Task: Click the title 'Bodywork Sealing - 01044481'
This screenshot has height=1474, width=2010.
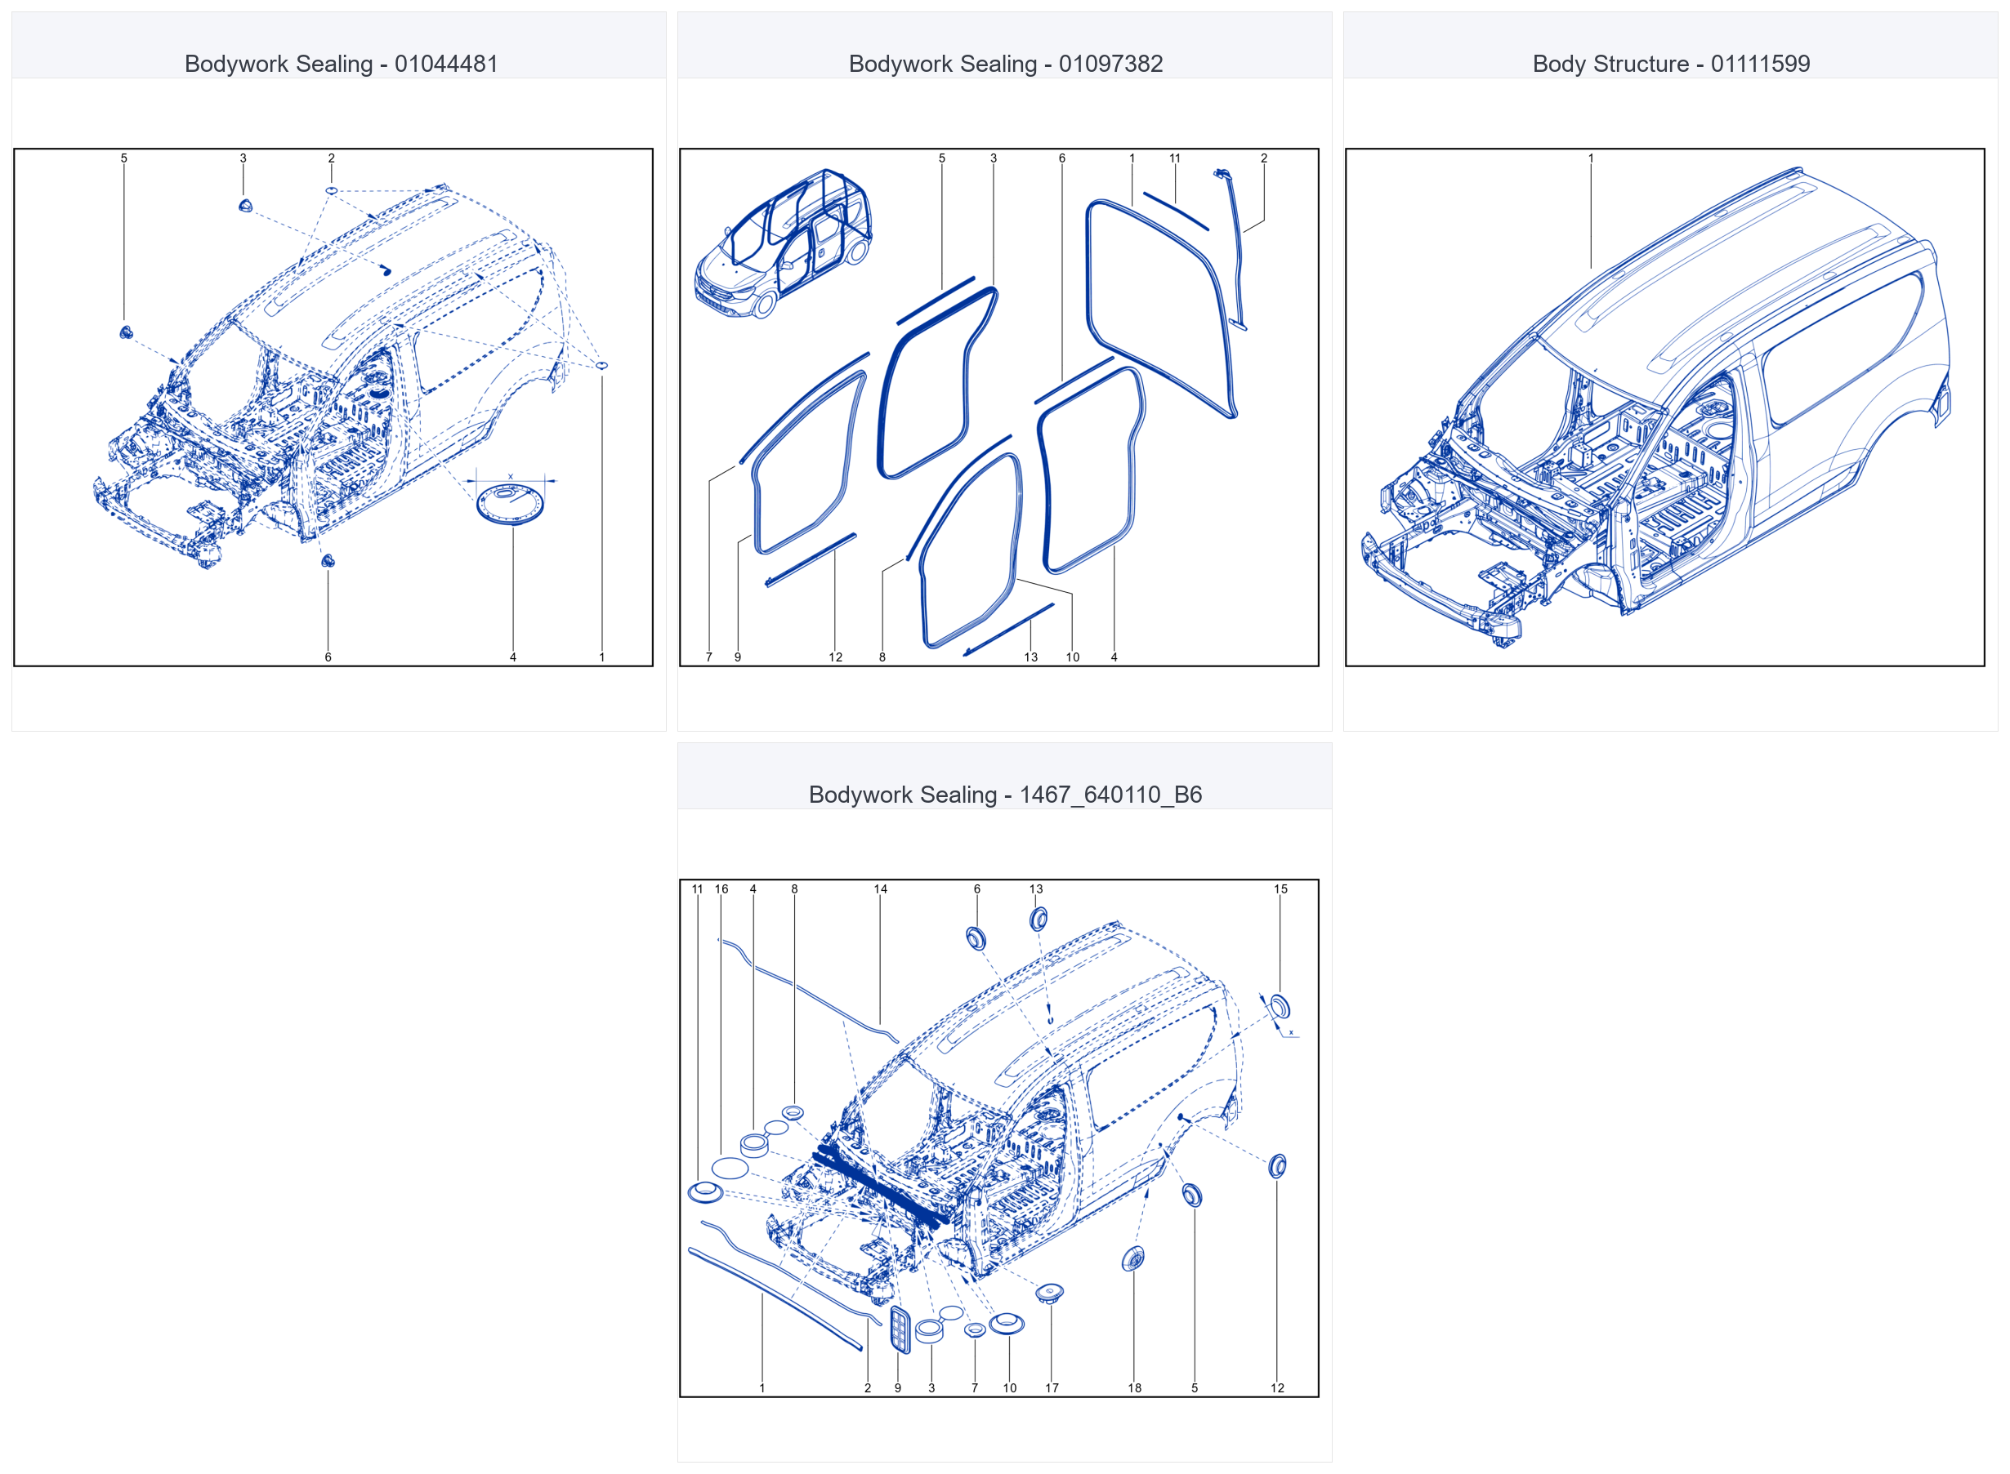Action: pyautogui.click(x=341, y=64)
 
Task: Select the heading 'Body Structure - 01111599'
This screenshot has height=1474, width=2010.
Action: pyautogui.click(x=1671, y=64)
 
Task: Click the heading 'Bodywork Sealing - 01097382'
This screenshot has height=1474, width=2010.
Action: pyautogui.click(x=1005, y=64)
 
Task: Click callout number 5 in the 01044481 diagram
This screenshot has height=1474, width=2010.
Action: pyautogui.click(x=124, y=158)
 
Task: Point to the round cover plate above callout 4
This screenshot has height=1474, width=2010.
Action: pyautogui.click(x=511, y=504)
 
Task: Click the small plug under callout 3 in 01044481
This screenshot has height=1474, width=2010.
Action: pyautogui.click(x=245, y=206)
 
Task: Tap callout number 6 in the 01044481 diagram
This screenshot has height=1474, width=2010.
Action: pyautogui.click(x=328, y=657)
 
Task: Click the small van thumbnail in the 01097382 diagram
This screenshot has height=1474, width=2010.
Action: pyautogui.click(x=783, y=243)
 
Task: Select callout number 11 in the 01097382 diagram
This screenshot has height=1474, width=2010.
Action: pyautogui.click(x=1175, y=158)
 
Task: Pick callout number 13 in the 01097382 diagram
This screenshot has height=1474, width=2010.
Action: pyautogui.click(x=1031, y=657)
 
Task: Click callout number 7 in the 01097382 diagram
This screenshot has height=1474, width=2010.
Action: pyautogui.click(x=708, y=657)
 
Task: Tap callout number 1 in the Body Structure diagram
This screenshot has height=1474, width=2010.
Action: pyautogui.click(x=1591, y=158)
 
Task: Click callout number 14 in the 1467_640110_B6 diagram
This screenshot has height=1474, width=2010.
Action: pyautogui.click(x=880, y=888)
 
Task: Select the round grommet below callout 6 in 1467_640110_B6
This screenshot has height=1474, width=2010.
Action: pyautogui.click(x=976, y=937)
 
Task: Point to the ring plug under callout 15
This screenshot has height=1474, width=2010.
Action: pyautogui.click(x=1279, y=1005)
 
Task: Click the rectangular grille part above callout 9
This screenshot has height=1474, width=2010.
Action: pyautogui.click(x=900, y=1329)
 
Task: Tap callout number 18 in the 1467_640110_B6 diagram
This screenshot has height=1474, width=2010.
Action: pyautogui.click(x=1134, y=1387)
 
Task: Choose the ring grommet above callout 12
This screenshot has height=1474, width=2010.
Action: pyautogui.click(x=1277, y=1165)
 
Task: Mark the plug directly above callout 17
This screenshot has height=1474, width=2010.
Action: pyautogui.click(x=1050, y=1291)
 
